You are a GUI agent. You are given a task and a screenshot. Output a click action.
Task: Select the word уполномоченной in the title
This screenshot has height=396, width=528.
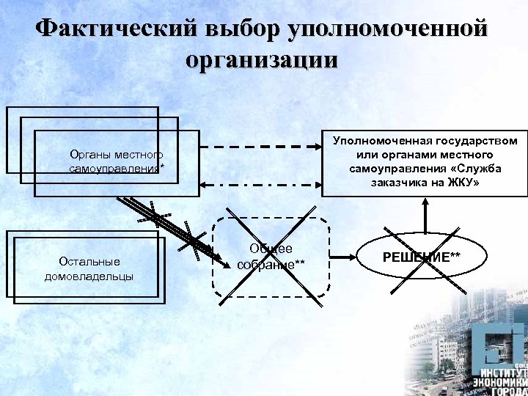(389, 29)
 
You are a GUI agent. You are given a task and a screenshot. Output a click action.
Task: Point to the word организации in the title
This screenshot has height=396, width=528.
(263, 59)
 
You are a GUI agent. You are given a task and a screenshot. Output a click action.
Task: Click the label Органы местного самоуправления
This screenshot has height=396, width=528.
(115, 162)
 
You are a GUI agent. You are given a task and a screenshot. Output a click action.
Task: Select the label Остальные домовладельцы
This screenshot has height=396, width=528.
(89, 269)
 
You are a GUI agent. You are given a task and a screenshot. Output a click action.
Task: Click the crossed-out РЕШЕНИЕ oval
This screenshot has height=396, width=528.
(422, 257)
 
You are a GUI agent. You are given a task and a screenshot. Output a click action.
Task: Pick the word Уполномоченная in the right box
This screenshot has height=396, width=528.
(380, 140)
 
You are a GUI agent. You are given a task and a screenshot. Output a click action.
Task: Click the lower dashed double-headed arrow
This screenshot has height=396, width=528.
(260, 183)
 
